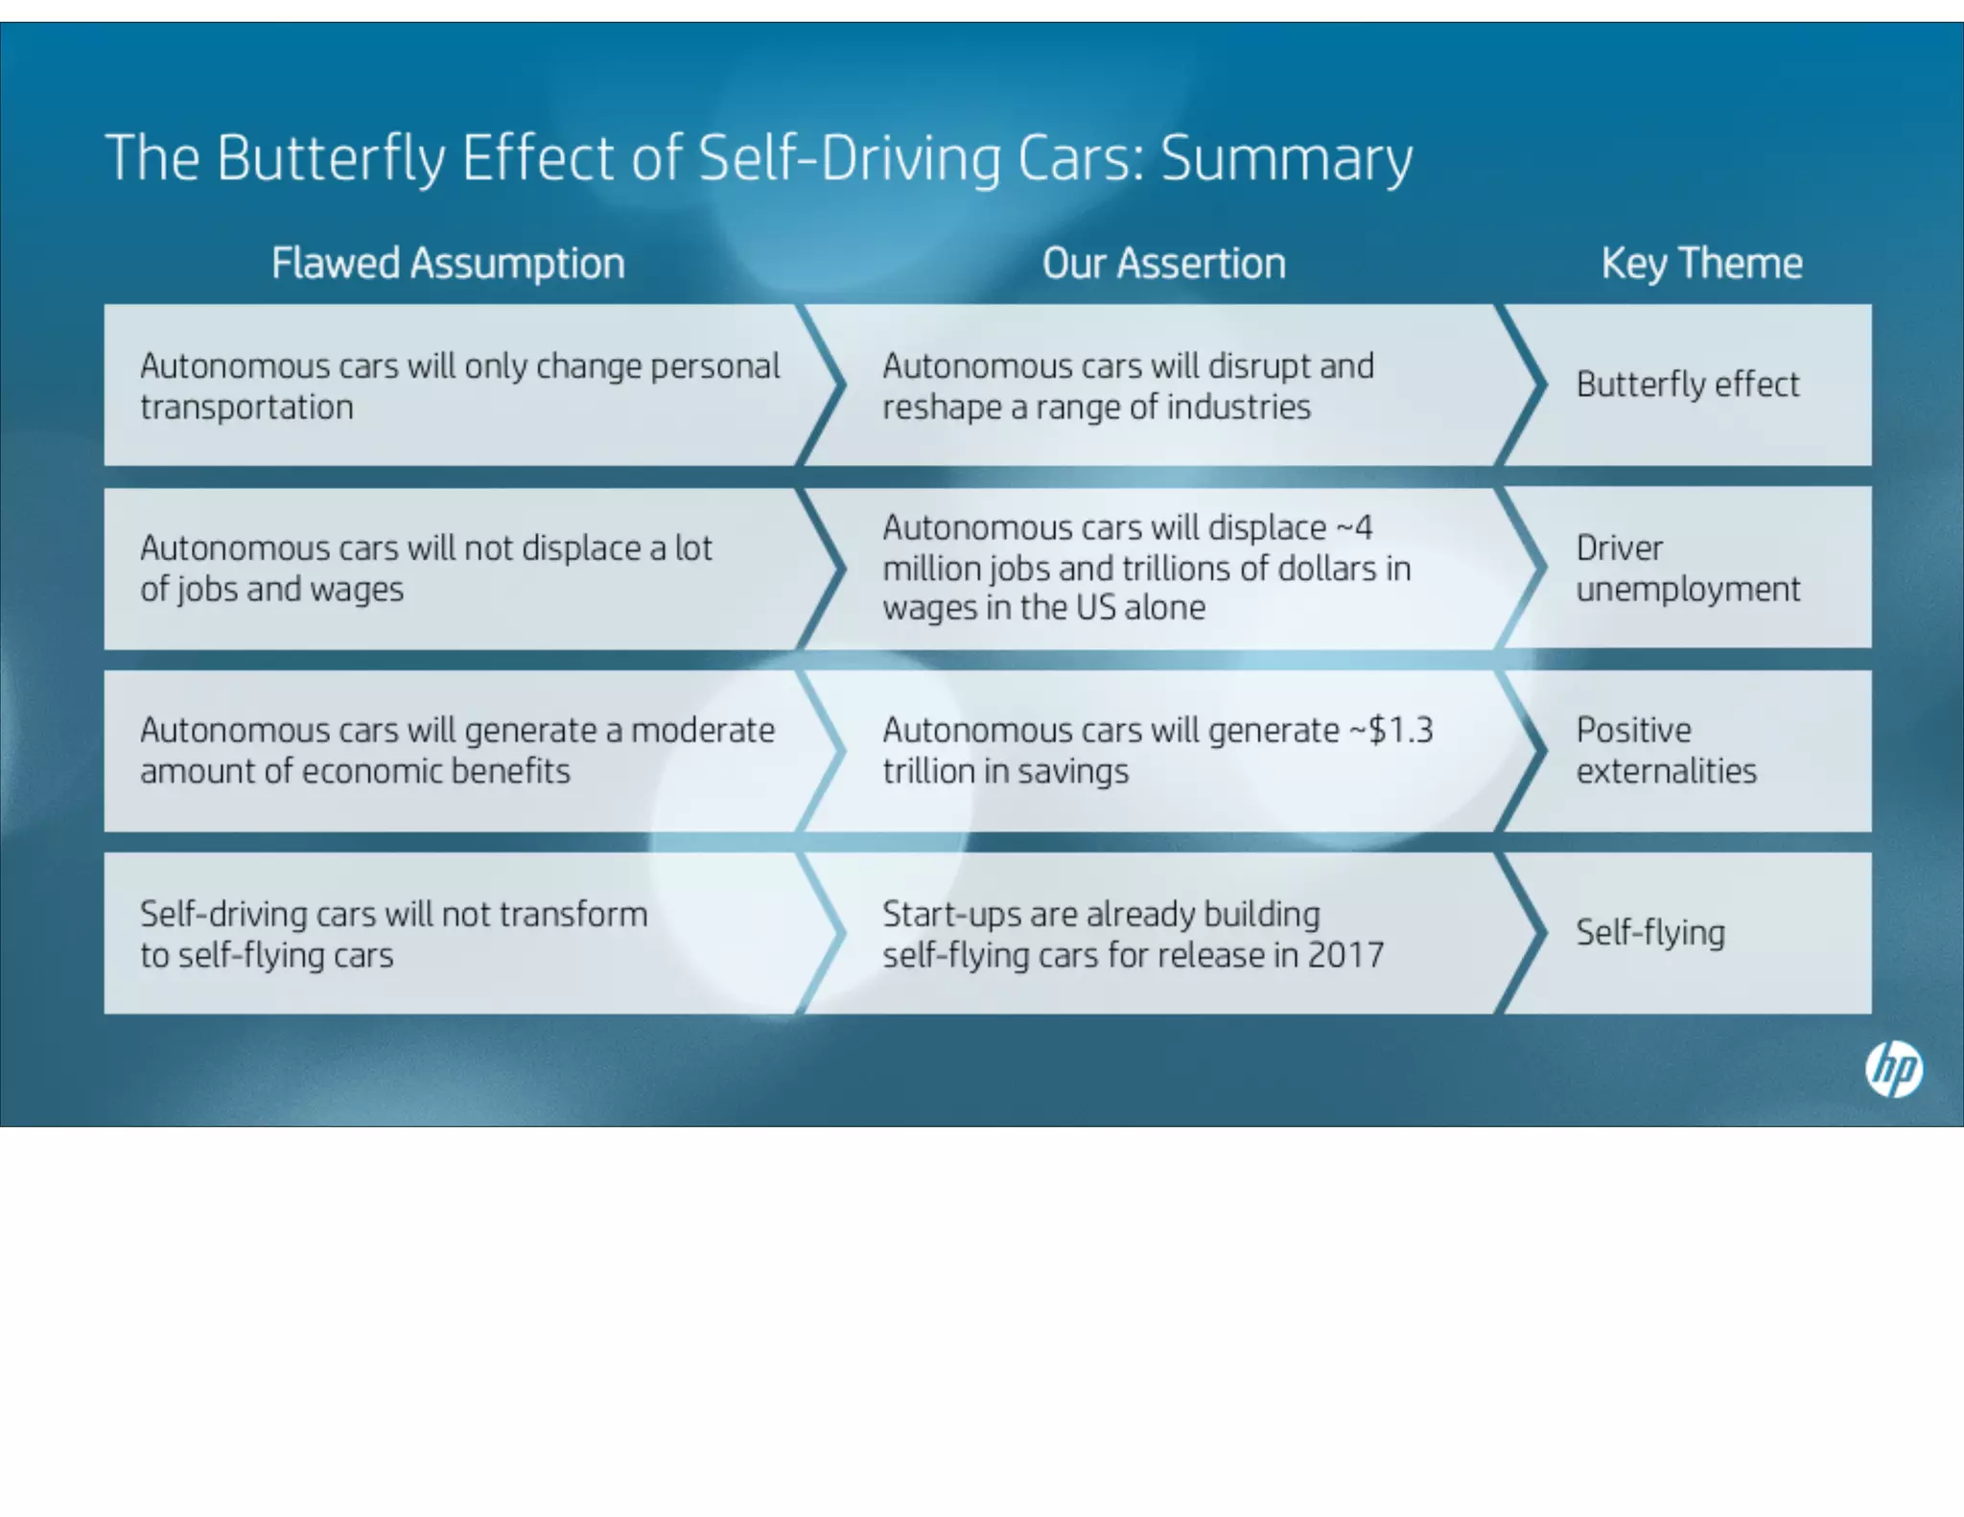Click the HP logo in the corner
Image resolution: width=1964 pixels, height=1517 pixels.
(1893, 1069)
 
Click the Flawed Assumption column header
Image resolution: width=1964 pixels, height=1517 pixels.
(448, 264)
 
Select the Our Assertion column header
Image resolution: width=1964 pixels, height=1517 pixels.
(1163, 264)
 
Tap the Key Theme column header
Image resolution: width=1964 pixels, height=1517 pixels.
(1701, 264)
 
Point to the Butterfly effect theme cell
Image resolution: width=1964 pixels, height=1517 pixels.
(1688, 385)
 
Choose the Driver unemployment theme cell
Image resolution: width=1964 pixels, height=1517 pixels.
(1688, 569)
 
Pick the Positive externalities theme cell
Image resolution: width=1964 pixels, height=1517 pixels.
(1667, 751)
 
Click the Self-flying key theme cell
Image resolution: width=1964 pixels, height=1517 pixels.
(1650, 933)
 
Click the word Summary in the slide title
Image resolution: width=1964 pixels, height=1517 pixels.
(1286, 158)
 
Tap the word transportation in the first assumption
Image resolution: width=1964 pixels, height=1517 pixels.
(246, 408)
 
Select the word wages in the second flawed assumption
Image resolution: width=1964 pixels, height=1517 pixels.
(356, 590)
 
